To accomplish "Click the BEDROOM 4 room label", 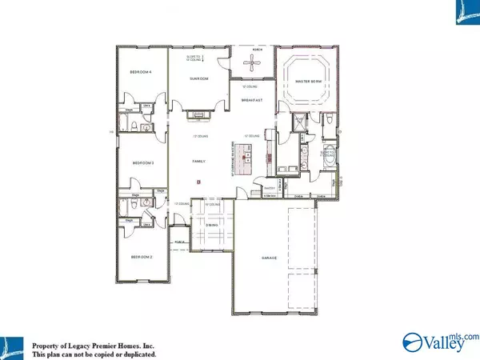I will pos(141,73).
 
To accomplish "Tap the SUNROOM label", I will pos(198,79).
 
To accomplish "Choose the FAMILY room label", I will pos(198,162).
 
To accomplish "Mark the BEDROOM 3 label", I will pos(142,162).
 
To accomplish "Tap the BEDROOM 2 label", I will pos(142,256).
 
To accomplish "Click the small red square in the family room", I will pos(197,182).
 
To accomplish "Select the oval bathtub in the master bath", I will pos(329,158).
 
